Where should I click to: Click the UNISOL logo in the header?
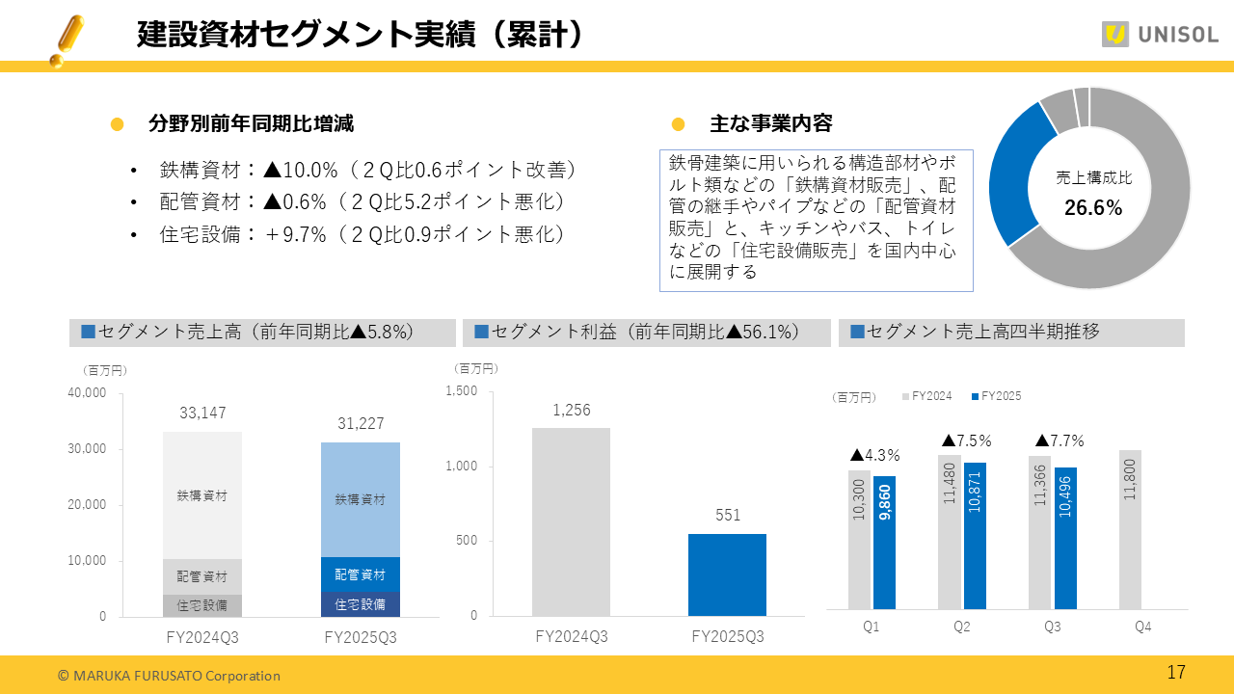(x=1160, y=35)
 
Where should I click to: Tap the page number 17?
(x=1176, y=673)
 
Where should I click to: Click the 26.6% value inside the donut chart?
(x=1092, y=208)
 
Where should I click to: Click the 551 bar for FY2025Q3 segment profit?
(x=727, y=574)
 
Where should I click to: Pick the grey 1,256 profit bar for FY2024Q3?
(x=571, y=521)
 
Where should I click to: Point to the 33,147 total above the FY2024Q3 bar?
(x=202, y=414)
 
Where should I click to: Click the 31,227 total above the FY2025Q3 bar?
(x=361, y=424)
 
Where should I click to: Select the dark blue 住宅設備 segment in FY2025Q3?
(x=361, y=604)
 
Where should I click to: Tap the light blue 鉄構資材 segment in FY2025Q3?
(x=361, y=499)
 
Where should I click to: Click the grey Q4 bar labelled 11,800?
(x=1130, y=529)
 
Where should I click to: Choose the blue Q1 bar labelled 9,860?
(x=885, y=543)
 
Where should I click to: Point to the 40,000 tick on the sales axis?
(x=87, y=393)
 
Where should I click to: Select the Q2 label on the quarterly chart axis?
(x=961, y=627)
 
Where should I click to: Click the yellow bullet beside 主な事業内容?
(x=678, y=124)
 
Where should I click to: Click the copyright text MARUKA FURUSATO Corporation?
(x=169, y=676)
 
